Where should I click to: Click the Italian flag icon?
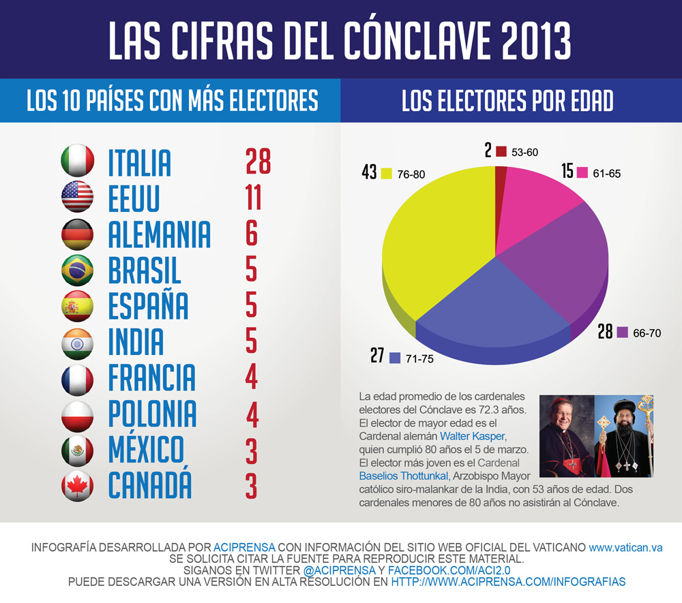tap(77, 161)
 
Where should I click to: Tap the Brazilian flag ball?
tap(77, 269)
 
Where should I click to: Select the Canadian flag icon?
tap(77, 485)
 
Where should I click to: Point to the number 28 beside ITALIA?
tap(258, 162)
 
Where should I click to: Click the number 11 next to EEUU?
tap(252, 198)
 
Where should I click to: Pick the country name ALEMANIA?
tap(160, 234)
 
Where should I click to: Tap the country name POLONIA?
tap(153, 414)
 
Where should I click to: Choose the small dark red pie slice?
tap(501, 175)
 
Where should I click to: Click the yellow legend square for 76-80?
tap(387, 174)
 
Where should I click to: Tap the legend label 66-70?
tap(647, 333)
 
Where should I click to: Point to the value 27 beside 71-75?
tap(378, 356)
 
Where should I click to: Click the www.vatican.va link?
tap(625, 547)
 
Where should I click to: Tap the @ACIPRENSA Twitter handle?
tap(339, 570)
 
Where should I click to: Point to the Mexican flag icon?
tap(77, 449)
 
